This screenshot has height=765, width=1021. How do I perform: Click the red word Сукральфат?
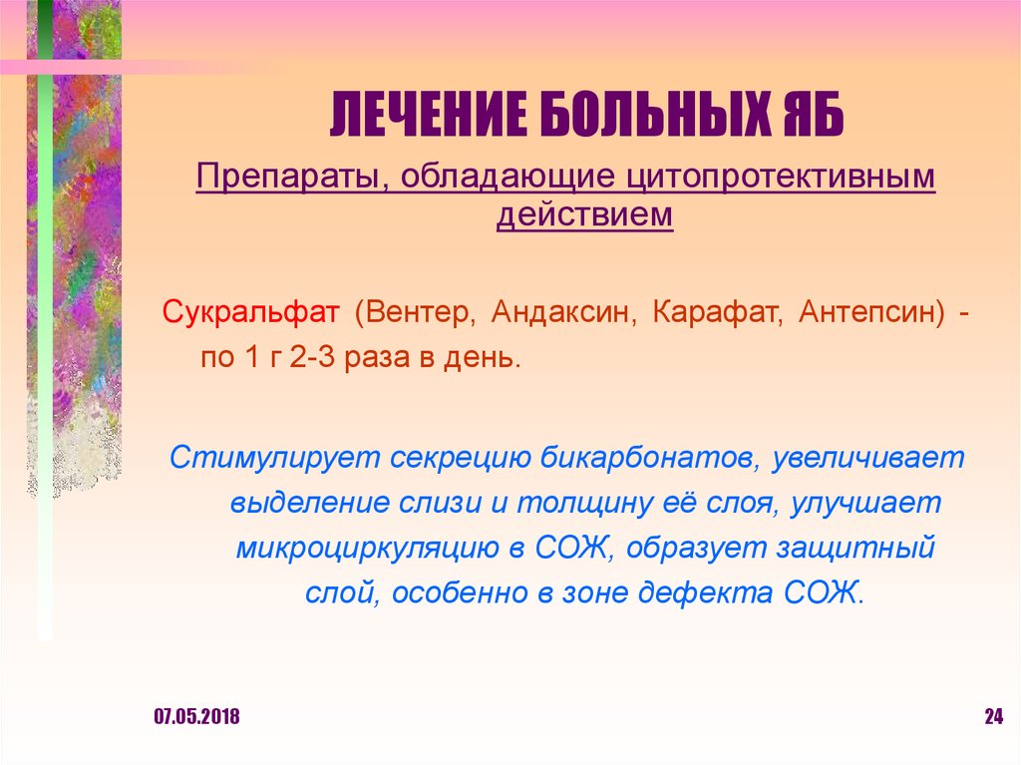[x=250, y=313]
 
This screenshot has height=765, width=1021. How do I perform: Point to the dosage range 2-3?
[x=315, y=357]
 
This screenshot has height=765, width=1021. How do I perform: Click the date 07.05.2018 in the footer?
[x=196, y=717]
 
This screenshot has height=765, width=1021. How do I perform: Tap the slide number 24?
[x=992, y=717]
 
